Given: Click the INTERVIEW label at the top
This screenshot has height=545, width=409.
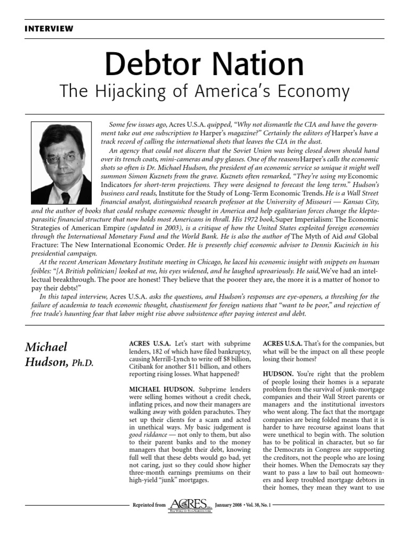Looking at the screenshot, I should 49,29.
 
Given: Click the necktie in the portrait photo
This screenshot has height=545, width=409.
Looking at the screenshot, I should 65,197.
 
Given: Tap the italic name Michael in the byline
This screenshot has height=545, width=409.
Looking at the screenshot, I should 46,347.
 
